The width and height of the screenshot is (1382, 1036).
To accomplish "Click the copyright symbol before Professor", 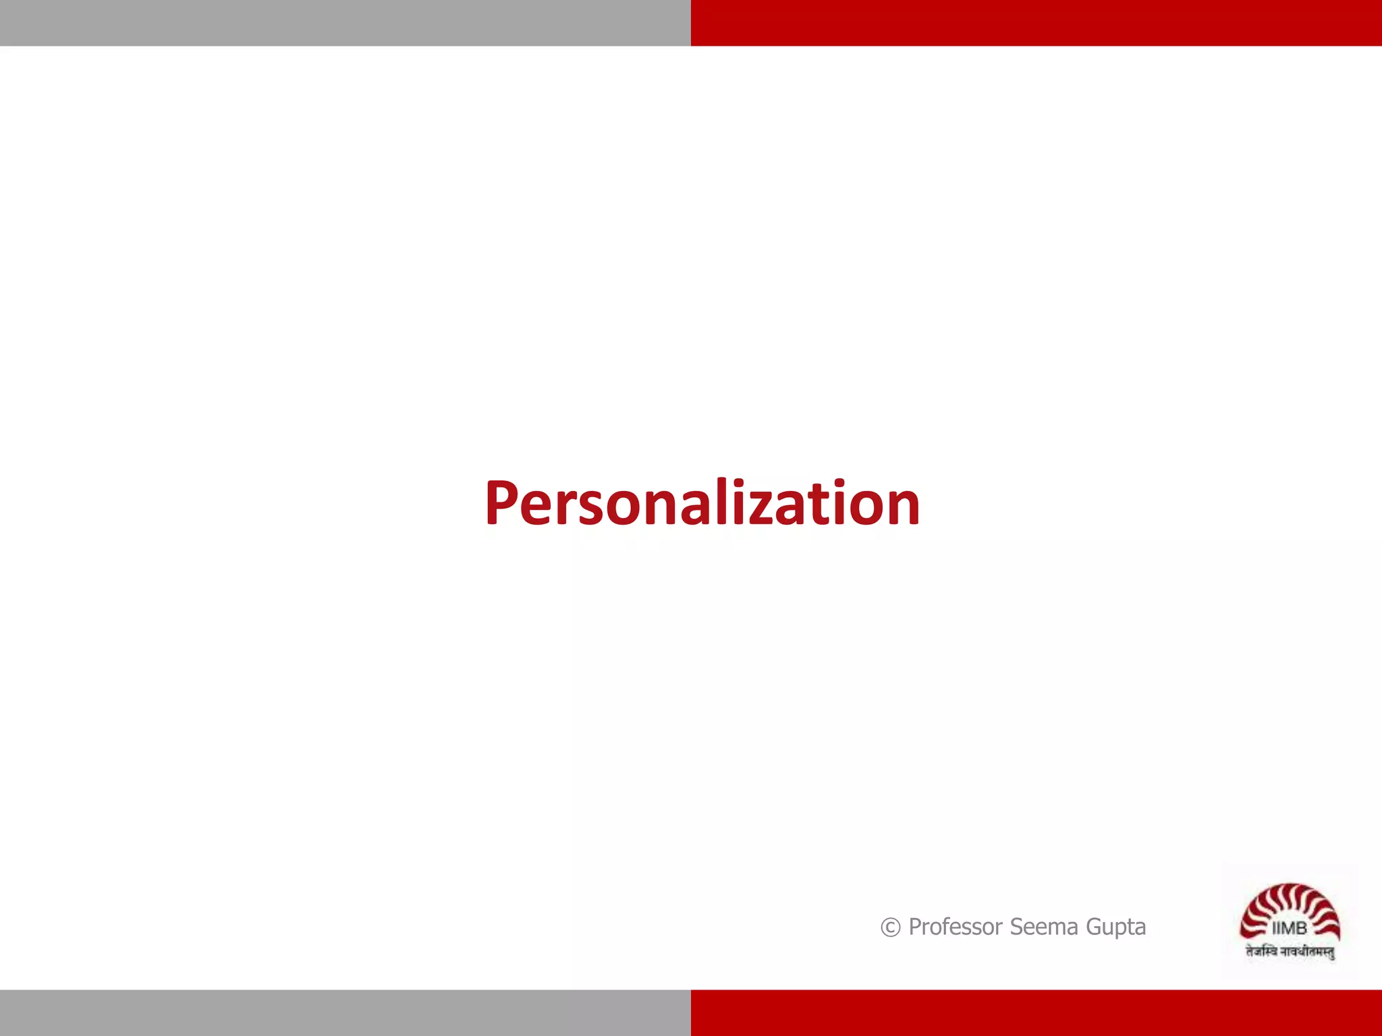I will (x=890, y=927).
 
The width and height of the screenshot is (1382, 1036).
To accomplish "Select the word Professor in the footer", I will (x=955, y=927).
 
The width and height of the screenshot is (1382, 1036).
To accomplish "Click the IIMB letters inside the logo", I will (x=1289, y=929).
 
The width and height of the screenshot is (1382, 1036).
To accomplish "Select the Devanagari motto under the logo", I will (x=1290, y=952).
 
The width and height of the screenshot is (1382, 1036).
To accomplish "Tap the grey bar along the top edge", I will (x=345, y=23).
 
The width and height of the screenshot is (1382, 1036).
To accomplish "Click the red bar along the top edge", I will (x=1036, y=23).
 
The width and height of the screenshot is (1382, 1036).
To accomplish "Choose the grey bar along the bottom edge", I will (x=345, y=1012).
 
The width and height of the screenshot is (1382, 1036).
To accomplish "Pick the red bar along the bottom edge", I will (x=1036, y=1012).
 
